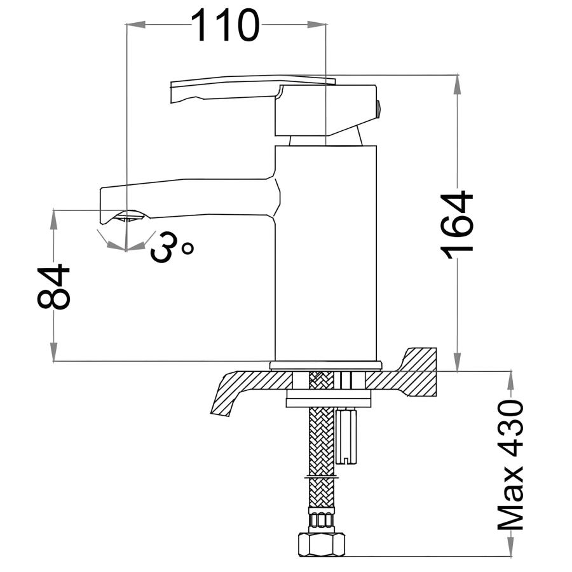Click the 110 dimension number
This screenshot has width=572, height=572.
click(225, 25)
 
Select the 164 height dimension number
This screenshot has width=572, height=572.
click(457, 225)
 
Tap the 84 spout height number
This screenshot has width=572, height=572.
click(53, 287)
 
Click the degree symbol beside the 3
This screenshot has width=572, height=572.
click(188, 249)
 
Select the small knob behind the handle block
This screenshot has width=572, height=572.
click(379, 109)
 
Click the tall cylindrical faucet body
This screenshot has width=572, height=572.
click(325, 253)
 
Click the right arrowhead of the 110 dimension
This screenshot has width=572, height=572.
click(317, 24)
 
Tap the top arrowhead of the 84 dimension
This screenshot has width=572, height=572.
click(53, 220)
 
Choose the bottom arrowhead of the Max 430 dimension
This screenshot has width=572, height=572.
click(511, 546)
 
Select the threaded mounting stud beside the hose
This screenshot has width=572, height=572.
click(346, 435)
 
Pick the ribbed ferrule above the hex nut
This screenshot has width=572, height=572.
click(321, 520)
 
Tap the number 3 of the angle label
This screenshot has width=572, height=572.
click(164, 247)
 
